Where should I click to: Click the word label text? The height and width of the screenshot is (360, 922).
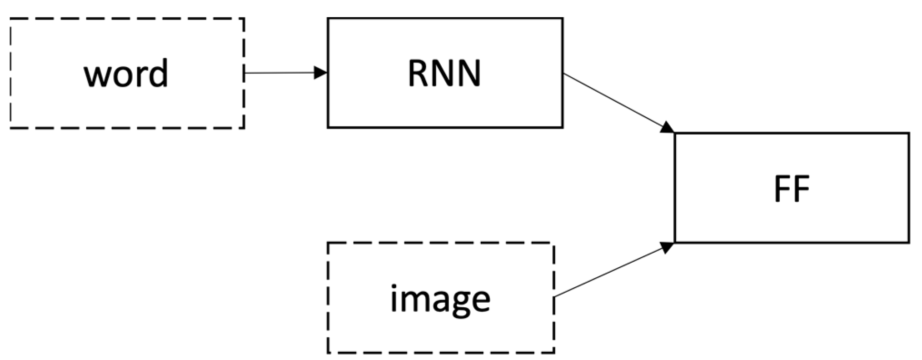coord(126,74)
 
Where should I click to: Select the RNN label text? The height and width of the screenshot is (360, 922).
coord(444,74)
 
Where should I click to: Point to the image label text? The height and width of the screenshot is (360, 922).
coord(440,299)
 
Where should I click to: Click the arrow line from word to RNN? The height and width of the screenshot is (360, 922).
coord(279,73)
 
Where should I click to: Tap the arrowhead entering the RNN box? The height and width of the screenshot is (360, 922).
coord(321,73)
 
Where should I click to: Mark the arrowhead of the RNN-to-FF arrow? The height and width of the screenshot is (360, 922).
coord(667,127)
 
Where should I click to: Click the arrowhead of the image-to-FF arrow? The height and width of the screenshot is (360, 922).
coord(667,247)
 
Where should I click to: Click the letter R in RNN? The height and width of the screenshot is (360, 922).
coord(418,74)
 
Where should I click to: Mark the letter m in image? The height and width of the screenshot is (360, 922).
coord(411,300)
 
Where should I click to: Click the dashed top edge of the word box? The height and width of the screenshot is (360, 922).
coord(127,19)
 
